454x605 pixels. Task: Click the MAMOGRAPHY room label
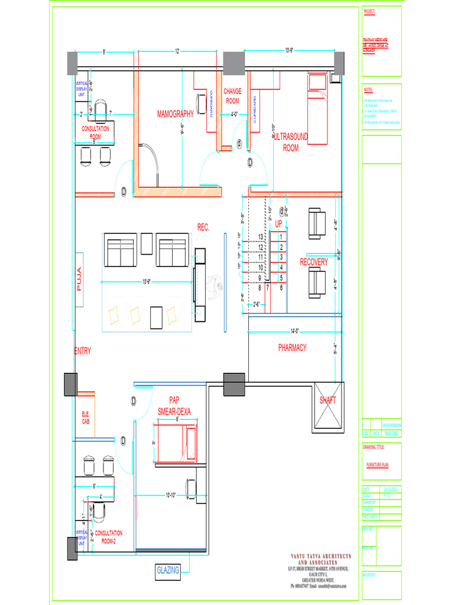175,113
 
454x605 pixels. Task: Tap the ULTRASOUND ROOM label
291,142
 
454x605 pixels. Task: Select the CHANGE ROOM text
232,96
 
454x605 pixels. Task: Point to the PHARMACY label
293,348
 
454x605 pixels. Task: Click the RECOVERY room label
313,262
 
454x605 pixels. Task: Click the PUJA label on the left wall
79,279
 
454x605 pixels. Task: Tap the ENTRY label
83,351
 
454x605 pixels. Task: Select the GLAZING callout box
168,571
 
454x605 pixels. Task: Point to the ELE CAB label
86,418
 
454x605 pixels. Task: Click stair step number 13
260,237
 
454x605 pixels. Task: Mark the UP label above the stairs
279,223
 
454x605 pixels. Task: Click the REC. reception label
203,227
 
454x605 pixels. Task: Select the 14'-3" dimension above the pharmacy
294,330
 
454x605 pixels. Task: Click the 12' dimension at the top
177,51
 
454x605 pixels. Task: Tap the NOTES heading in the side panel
368,90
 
